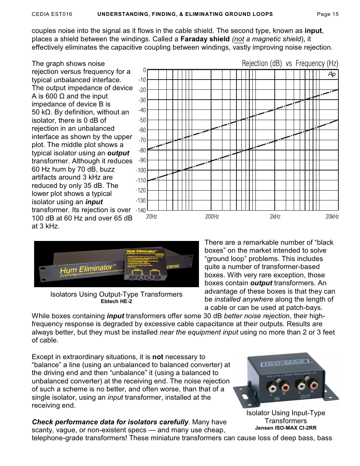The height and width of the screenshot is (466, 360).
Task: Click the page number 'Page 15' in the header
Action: pos(327,14)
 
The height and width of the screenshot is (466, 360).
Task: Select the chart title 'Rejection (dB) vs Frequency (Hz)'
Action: pos(290,63)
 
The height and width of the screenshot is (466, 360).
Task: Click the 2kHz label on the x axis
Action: pos(275,217)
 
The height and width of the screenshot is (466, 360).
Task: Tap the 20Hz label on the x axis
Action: pos(152,217)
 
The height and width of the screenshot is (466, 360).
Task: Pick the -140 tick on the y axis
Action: pos(141,210)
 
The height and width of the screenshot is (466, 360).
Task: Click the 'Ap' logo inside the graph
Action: pos(332,74)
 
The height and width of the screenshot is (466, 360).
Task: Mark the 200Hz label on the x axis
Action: pos(212,217)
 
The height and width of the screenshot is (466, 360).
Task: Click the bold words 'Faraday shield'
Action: pos(205,39)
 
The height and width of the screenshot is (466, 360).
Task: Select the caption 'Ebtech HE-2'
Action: pos(116,302)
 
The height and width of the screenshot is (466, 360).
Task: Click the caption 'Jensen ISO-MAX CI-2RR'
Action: pos(286,428)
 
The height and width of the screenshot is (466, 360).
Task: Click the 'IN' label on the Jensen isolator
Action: pos(277,399)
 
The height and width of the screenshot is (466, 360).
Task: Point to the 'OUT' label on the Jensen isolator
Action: pos(305,397)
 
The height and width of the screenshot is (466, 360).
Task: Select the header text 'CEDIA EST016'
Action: pos(52,14)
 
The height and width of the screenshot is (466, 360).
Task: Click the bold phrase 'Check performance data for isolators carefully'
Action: pos(110,422)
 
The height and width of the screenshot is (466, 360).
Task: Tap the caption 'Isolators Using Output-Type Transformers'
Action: pos(116,294)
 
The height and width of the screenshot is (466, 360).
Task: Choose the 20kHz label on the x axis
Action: pos(332,217)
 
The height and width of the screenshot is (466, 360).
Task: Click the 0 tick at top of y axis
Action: pos(144,70)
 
